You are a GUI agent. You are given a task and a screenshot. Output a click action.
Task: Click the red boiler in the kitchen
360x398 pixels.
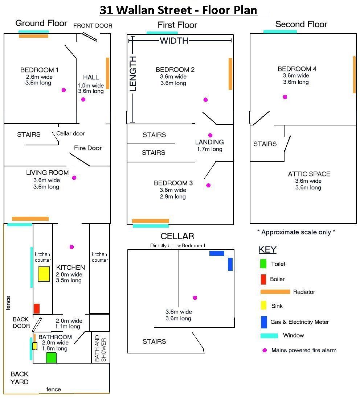37,309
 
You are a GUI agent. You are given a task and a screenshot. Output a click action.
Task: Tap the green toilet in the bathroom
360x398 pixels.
51,358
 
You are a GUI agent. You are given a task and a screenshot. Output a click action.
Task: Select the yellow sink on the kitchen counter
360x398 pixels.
44,274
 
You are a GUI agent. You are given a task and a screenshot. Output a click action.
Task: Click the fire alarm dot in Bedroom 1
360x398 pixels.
64,90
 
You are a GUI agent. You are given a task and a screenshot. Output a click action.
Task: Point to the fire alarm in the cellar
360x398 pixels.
195,298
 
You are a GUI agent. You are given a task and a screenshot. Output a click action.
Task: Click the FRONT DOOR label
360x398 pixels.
93,26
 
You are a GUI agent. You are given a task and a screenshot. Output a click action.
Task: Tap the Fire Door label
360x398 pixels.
88,148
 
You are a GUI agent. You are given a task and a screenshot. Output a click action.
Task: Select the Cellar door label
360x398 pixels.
70,133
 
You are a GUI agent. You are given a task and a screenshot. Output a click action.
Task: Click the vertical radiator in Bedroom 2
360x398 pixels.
230,74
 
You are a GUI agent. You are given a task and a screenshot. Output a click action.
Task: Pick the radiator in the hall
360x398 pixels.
108,73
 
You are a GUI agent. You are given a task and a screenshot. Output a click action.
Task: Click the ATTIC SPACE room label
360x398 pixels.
309,174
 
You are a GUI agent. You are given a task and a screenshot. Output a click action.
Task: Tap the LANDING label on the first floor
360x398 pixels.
210,142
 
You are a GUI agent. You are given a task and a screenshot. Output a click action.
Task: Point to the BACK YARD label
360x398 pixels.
20,378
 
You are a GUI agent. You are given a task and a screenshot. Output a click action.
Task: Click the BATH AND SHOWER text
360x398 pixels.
101,348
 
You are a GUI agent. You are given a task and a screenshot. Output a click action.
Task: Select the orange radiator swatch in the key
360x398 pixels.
275,292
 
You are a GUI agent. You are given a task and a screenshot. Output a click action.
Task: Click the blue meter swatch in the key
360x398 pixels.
264,322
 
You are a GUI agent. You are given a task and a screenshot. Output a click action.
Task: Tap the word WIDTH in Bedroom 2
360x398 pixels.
174,41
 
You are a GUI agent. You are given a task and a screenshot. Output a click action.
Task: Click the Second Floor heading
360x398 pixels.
301,24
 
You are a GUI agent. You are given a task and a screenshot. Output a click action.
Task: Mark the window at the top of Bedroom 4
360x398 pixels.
280,32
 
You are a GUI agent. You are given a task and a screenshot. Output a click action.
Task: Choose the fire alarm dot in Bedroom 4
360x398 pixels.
285,97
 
